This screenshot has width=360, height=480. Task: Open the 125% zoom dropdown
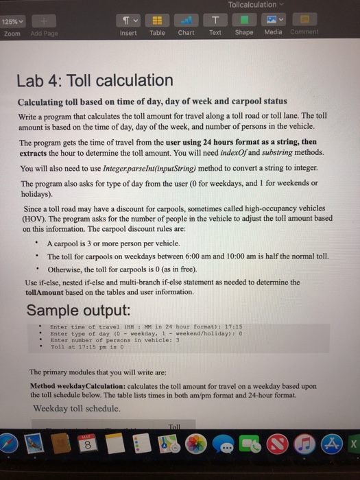(14, 20)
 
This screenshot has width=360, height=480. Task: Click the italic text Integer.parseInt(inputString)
(134, 168)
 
